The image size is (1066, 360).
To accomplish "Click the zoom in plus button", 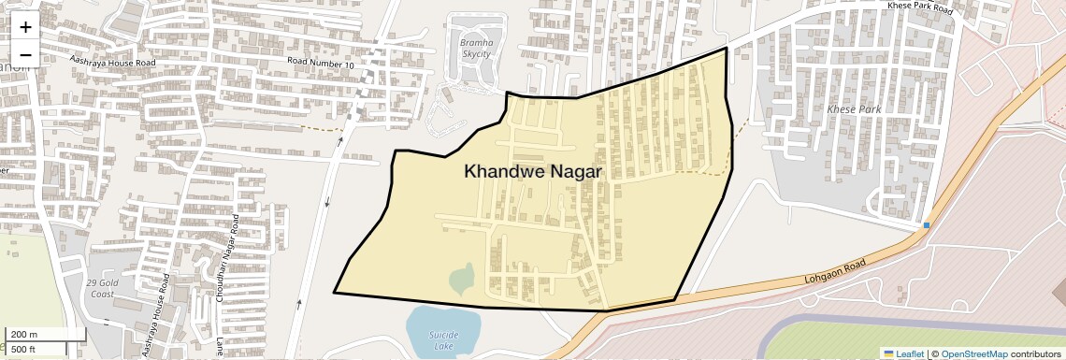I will point(25,27).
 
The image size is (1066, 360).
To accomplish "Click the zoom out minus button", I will point(25,54).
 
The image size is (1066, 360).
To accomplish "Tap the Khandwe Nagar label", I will point(532,172).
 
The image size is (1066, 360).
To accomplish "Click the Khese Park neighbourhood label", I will point(854,109).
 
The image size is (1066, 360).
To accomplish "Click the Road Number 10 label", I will point(321,63).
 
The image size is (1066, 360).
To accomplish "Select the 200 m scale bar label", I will point(23,335).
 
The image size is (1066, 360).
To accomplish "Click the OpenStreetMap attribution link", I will point(973,353).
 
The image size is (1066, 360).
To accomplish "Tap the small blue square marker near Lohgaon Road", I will point(927,225).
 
